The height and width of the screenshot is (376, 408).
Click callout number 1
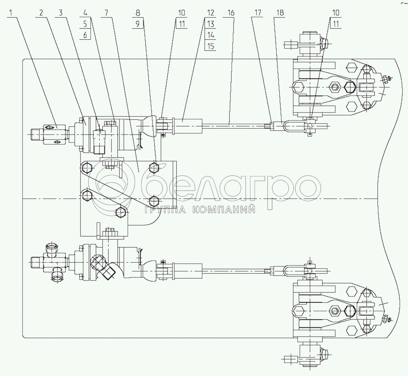pos(11,13)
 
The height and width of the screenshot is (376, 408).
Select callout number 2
pos(41,13)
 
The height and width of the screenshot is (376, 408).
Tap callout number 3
pos(60,13)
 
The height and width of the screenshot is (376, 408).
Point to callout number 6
pos(85,35)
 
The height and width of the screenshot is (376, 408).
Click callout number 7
pos(106,13)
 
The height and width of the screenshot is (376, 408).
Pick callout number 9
pos(138,24)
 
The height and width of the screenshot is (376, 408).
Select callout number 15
pos(211,46)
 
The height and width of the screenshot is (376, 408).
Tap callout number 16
pos(231,13)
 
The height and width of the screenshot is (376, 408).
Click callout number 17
pos(258,13)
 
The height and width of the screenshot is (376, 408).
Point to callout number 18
pos(280,13)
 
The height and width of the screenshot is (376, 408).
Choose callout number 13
pos(211,24)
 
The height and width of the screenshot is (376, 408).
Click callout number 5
pos(85,24)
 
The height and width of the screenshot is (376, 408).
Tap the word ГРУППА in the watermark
pos(165,209)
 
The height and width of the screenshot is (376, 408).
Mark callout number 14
pos(211,35)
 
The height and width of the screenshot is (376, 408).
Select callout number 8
pos(138,13)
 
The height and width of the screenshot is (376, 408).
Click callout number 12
pos(211,13)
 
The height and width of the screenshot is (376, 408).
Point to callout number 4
pos(85,13)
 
